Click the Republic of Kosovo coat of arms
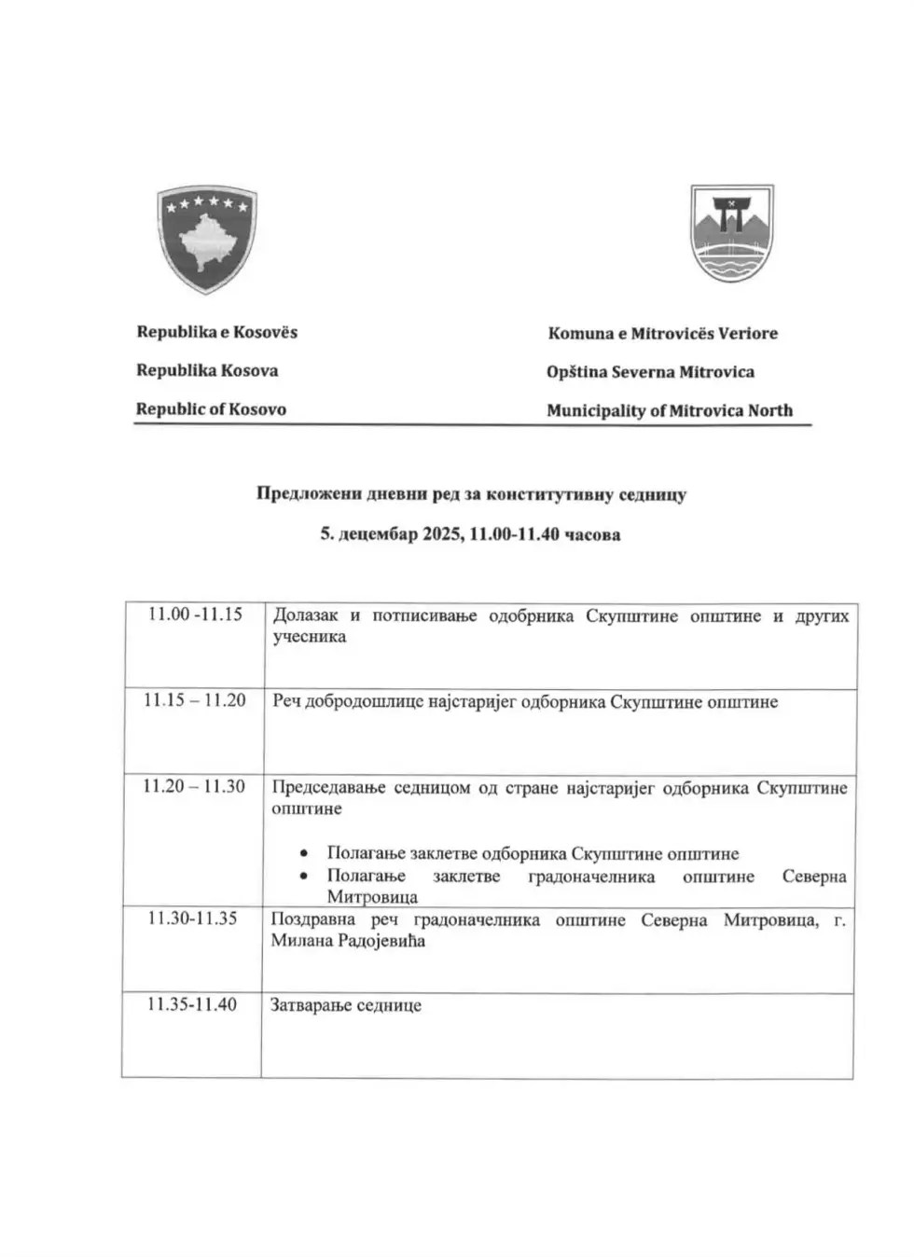(x=207, y=239)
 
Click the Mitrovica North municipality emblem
(x=731, y=234)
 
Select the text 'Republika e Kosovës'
(x=217, y=332)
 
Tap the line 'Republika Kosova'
(x=207, y=370)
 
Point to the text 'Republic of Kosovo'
(x=211, y=409)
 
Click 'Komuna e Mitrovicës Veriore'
(x=662, y=333)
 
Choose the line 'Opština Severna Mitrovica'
(x=650, y=372)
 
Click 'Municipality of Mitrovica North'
(x=669, y=410)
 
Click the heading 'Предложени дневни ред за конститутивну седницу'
(x=471, y=494)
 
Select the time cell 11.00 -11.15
(x=195, y=615)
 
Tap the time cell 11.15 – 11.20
(x=194, y=700)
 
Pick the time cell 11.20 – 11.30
(x=193, y=786)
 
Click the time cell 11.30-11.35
(x=192, y=919)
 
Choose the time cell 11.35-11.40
(x=192, y=1004)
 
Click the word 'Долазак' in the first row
(x=305, y=615)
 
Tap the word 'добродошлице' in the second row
(x=365, y=702)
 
